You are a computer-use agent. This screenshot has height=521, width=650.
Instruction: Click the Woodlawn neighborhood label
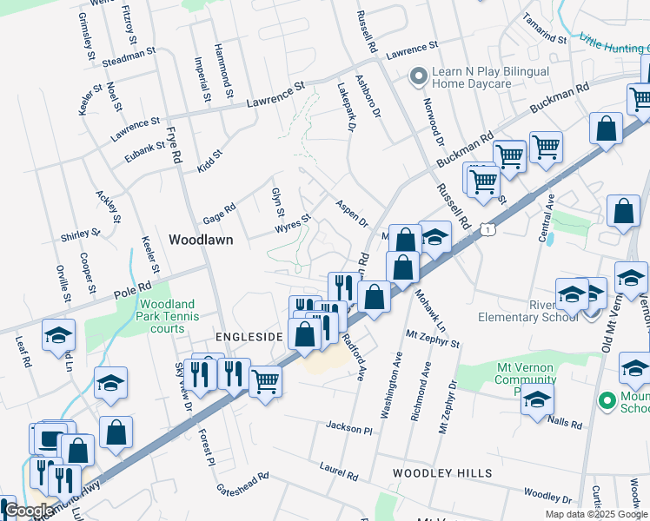(x=201, y=240)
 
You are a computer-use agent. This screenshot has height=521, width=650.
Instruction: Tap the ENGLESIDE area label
(x=248, y=336)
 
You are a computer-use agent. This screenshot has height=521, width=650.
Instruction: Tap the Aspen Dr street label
(x=352, y=211)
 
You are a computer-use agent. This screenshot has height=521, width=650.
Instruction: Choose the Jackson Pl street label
(x=349, y=428)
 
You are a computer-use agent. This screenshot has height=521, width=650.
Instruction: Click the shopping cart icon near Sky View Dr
(x=265, y=379)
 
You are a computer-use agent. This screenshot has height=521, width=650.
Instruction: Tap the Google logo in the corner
(x=28, y=511)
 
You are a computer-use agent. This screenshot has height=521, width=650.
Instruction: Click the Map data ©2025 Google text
(x=596, y=514)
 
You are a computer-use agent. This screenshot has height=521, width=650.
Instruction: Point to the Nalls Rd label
(x=567, y=421)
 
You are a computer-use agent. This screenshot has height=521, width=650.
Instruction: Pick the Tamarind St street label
(x=545, y=29)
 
